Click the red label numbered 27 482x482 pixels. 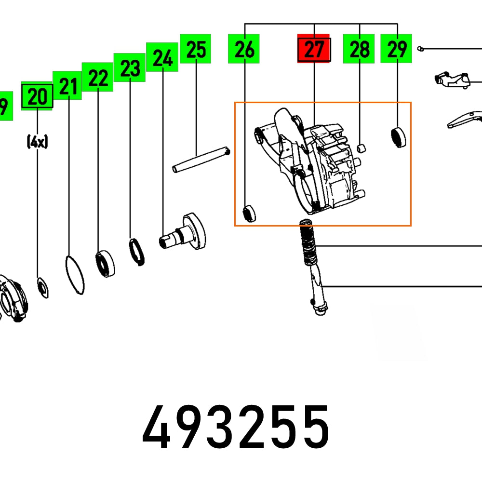[x=314, y=48]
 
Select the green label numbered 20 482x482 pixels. [x=37, y=96]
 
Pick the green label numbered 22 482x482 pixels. [x=98, y=77]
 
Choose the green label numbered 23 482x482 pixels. [x=130, y=68]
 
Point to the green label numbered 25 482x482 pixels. [x=196, y=48]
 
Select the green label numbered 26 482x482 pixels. [x=244, y=48]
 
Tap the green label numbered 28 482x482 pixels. [x=359, y=48]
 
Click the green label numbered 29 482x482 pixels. [x=396, y=48]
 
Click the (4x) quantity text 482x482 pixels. [x=37, y=142]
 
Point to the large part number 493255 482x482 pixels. [x=236, y=426]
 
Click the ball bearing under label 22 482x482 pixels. [x=105, y=263]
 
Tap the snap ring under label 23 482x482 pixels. [x=137, y=252]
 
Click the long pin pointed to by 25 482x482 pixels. [x=201, y=161]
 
